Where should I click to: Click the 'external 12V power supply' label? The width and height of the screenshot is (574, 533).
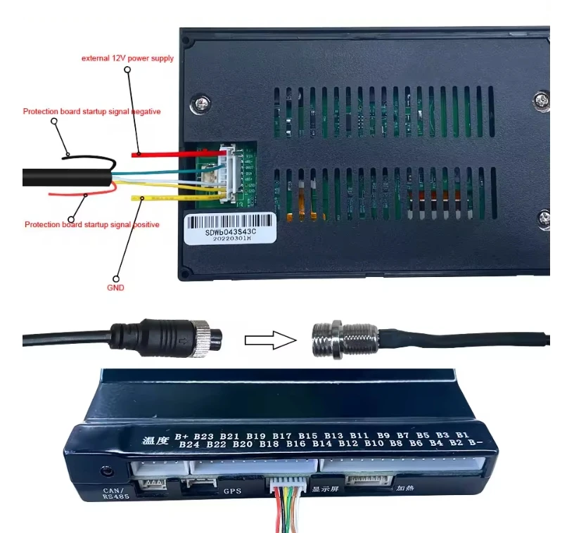coord(127,58)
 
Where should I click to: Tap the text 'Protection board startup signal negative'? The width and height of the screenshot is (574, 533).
coord(92,111)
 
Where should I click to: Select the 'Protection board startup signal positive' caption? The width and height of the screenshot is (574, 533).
coord(91,224)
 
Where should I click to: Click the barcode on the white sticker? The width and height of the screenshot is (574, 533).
coord(229,221)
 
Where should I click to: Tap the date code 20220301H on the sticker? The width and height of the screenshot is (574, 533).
coord(228,238)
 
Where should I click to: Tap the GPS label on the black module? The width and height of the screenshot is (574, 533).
coord(233,489)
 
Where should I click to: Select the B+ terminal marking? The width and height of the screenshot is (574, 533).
coord(182,437)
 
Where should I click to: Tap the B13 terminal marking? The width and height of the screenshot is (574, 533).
coord(334,435)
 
